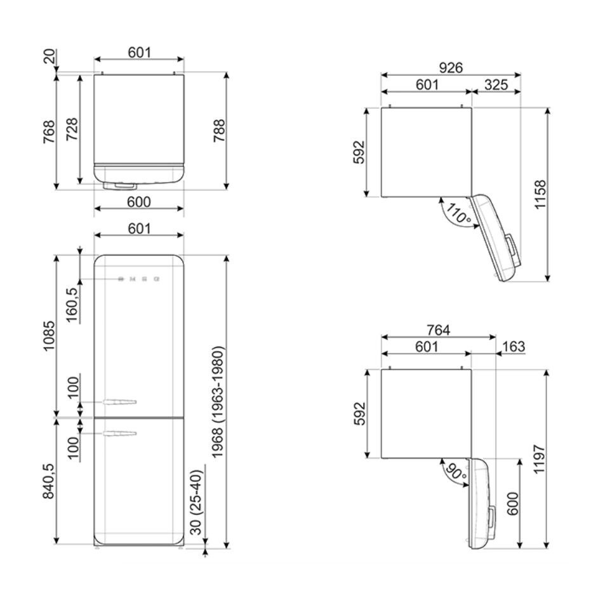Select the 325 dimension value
coord(495,84)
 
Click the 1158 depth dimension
coord(540,195)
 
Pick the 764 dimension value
coord(438,330)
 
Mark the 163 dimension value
coord(514,347)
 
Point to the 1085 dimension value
coord(49,337)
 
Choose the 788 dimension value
coord(219,131)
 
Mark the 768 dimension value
coord(49,131)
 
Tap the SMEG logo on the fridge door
coord(138,279)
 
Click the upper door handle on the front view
coord(118,401)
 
